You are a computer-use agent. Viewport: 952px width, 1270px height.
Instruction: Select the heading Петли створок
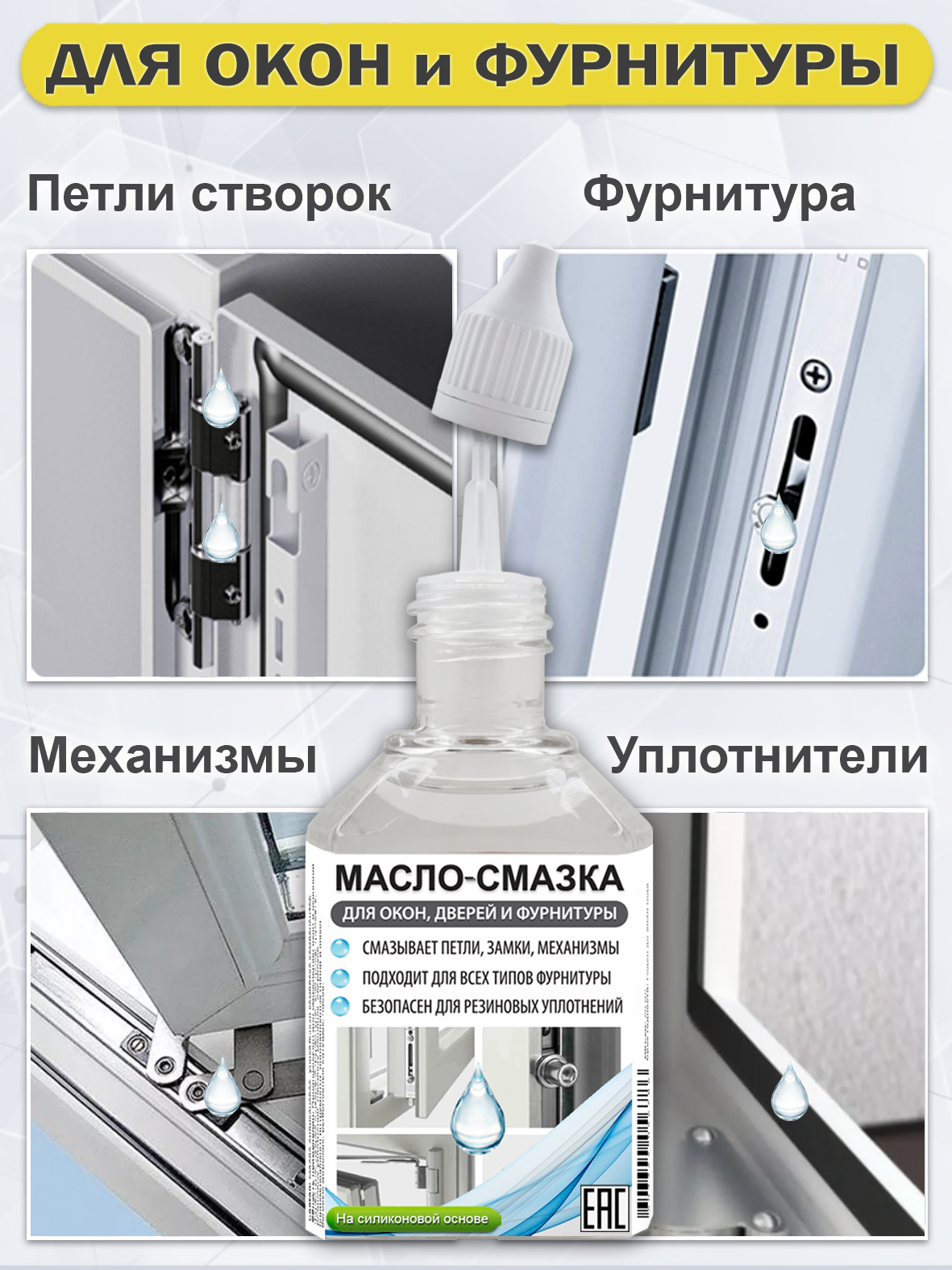[x=209, y=195]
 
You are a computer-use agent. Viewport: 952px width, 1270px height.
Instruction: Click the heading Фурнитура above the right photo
[x=719, y=195]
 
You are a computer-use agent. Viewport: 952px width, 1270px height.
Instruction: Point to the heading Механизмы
[x=173, y=756]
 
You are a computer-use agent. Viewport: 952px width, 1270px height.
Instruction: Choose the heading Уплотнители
[x=767, y=756]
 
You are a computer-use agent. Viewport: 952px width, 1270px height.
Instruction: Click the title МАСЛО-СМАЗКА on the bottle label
[x=479, y=878]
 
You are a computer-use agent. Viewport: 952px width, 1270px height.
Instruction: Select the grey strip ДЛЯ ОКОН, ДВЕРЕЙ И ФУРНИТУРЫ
[x=479, y=914]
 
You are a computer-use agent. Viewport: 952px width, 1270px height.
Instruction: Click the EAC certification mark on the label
[x=604, y=1207]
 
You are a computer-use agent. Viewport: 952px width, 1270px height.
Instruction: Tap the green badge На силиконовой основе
[x=412, y=1218]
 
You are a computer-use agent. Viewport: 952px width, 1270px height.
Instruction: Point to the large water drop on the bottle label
[x=476, y=1109]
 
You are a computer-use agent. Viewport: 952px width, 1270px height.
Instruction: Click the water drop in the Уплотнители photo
[x=788, y=1093]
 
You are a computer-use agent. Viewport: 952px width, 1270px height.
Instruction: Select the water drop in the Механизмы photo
[x=220, y=1089]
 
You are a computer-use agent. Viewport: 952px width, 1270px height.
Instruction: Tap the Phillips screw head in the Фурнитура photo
[x=816, y=376]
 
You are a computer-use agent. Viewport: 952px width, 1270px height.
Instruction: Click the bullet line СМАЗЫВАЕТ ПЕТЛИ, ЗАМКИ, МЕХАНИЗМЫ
[x=490, y=948]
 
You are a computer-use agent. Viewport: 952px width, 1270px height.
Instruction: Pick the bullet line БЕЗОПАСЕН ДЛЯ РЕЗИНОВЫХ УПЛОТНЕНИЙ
[x=492, y=1006]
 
